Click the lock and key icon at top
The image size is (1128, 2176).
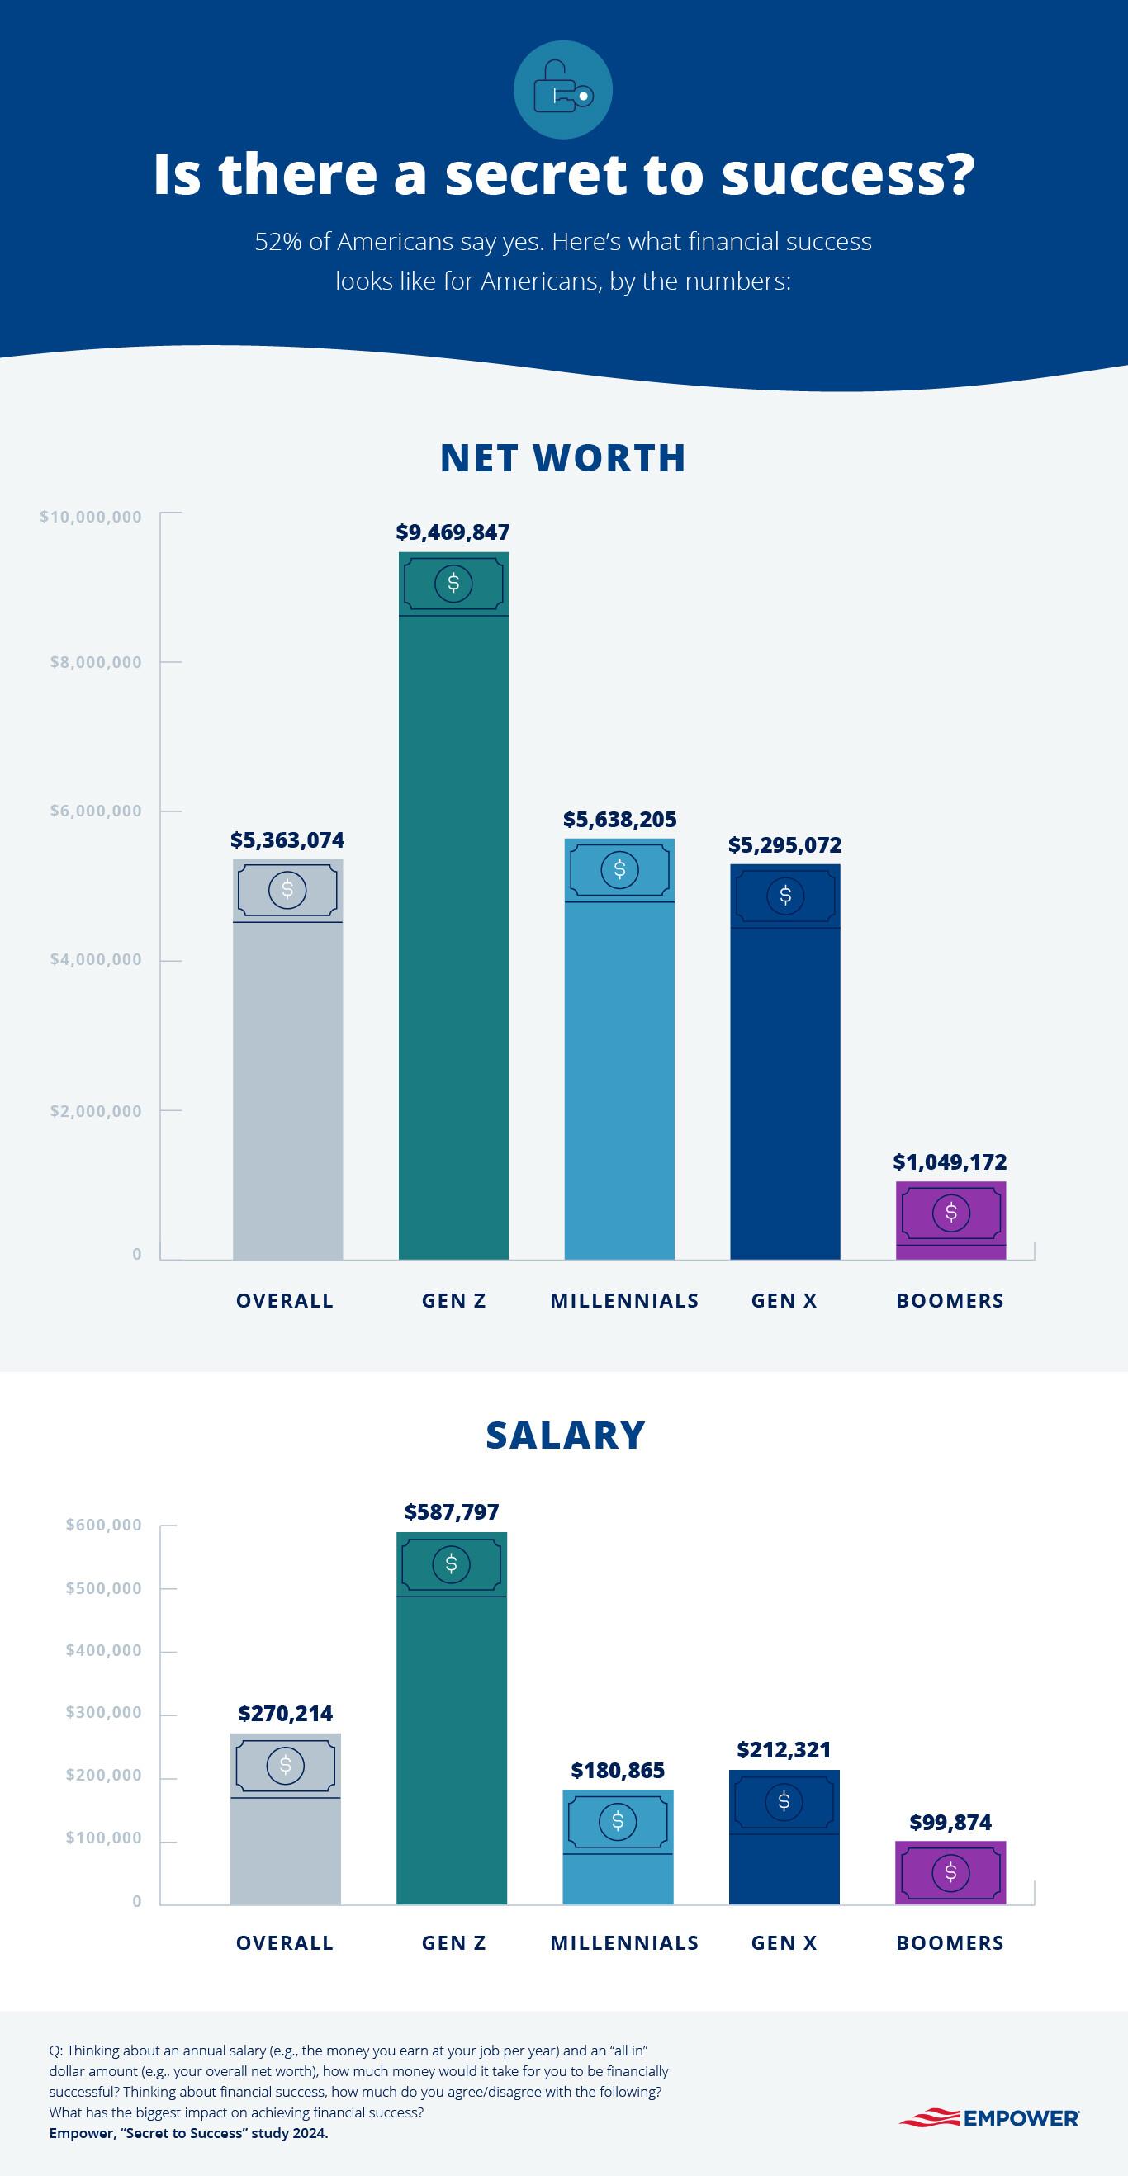[x=562, y=90]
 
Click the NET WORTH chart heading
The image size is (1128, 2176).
[x=562, y=458]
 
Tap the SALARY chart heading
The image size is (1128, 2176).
[x=566, y=1436]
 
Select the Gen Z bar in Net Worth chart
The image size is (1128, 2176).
[x=453, y=930]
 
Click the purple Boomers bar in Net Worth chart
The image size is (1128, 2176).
[x=950, y=1221]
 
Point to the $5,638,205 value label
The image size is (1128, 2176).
[x=619, y=820]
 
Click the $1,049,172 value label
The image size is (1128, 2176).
[x=950, y=1161]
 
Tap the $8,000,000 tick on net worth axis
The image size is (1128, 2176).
[x=96, y=662]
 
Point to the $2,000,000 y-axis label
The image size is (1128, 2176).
[x=96, y=1111]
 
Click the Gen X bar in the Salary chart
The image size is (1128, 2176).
[x=784, y=1837]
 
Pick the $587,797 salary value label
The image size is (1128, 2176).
[x=451, y=1511]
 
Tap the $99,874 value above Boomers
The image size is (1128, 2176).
[x=950, y=1822]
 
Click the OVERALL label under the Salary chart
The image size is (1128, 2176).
[x=285, y=1943]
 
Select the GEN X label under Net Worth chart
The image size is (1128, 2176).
[x=784, y=1301]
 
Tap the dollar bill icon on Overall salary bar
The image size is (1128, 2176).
[x=286, y=1765]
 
